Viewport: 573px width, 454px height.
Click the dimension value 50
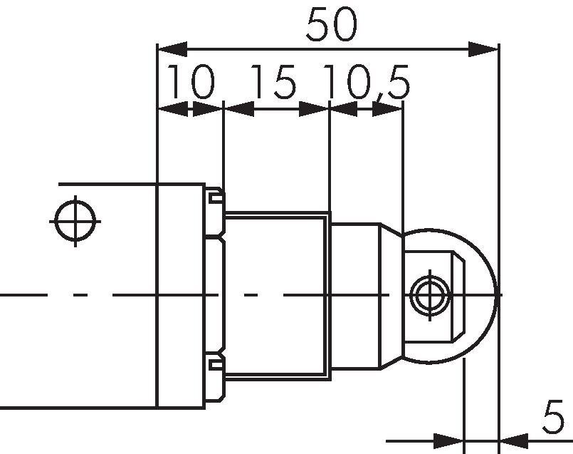coord(331,25)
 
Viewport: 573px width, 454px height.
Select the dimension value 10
coord(191,82)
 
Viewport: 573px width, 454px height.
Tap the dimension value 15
coord(274,82)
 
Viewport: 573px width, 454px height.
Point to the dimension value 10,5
coord(367,83)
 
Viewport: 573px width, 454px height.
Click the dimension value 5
coord(553,417)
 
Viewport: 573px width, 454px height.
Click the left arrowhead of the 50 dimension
coord(172,49)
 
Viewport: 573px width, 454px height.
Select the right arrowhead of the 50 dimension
coord(484,49)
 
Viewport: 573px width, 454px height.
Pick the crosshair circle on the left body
coord(75,222)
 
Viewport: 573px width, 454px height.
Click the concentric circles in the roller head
coord(430,295)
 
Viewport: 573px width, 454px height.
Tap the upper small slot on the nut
coord(216,198)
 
